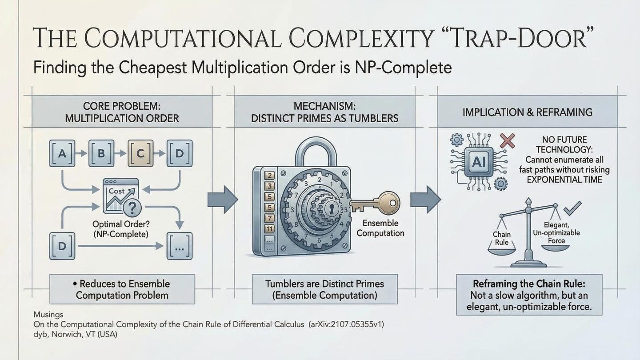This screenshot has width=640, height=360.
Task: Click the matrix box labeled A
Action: point(62,153)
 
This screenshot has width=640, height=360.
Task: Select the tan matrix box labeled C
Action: point(140,153)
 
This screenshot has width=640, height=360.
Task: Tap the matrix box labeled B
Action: point(101,153)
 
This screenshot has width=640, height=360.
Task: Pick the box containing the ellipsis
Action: point(180,246)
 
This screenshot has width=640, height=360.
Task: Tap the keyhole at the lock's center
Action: point(332,208)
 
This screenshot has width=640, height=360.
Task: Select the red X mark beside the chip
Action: point(507,140)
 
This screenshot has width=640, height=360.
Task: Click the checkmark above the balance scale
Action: point(573,208)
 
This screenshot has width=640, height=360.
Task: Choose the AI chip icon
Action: point(479,162)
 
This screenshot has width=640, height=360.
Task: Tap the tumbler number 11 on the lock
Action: point(269,229)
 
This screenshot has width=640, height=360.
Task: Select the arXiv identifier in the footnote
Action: point(347,324)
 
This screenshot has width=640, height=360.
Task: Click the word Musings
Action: point(48,314)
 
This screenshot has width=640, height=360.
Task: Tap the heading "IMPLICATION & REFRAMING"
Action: point(527,112)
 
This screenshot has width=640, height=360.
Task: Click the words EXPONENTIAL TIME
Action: point(564,180)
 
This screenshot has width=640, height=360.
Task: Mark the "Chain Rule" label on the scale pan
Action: point(502,238)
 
